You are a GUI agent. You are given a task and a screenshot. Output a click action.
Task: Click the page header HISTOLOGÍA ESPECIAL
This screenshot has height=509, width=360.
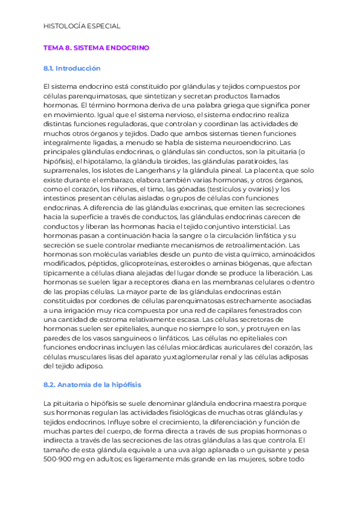(x=82, y=26)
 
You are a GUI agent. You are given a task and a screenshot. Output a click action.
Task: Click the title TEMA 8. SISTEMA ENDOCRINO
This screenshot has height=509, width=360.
(x=97, y=47)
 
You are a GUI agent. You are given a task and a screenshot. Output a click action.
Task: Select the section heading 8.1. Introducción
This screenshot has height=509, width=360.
(x=72, y=68)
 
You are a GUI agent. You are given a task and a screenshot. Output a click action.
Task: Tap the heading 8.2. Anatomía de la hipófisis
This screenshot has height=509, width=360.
(x=92, y=384)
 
